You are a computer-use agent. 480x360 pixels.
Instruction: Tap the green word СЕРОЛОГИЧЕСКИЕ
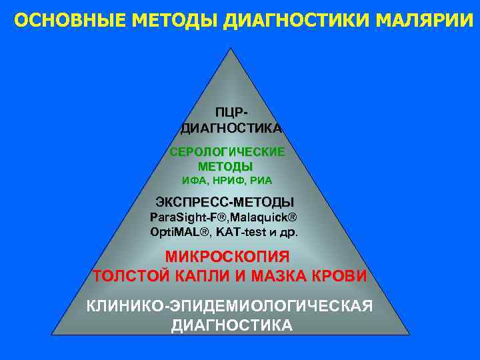click(x=227, y=151)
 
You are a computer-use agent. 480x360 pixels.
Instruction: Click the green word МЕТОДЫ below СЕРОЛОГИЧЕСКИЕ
click(x=225, y=166)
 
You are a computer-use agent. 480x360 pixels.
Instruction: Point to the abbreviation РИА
click(x=262, y=180)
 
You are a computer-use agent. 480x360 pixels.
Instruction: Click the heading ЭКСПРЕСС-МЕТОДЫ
click(x=225, y=201)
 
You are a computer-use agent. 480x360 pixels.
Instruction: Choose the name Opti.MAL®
click(x=180, y=232)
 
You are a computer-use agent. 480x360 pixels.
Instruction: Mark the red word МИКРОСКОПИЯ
click(x=227, y=257)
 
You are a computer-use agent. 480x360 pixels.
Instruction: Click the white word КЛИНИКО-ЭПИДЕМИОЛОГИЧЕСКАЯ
click(x=229, y=307)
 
